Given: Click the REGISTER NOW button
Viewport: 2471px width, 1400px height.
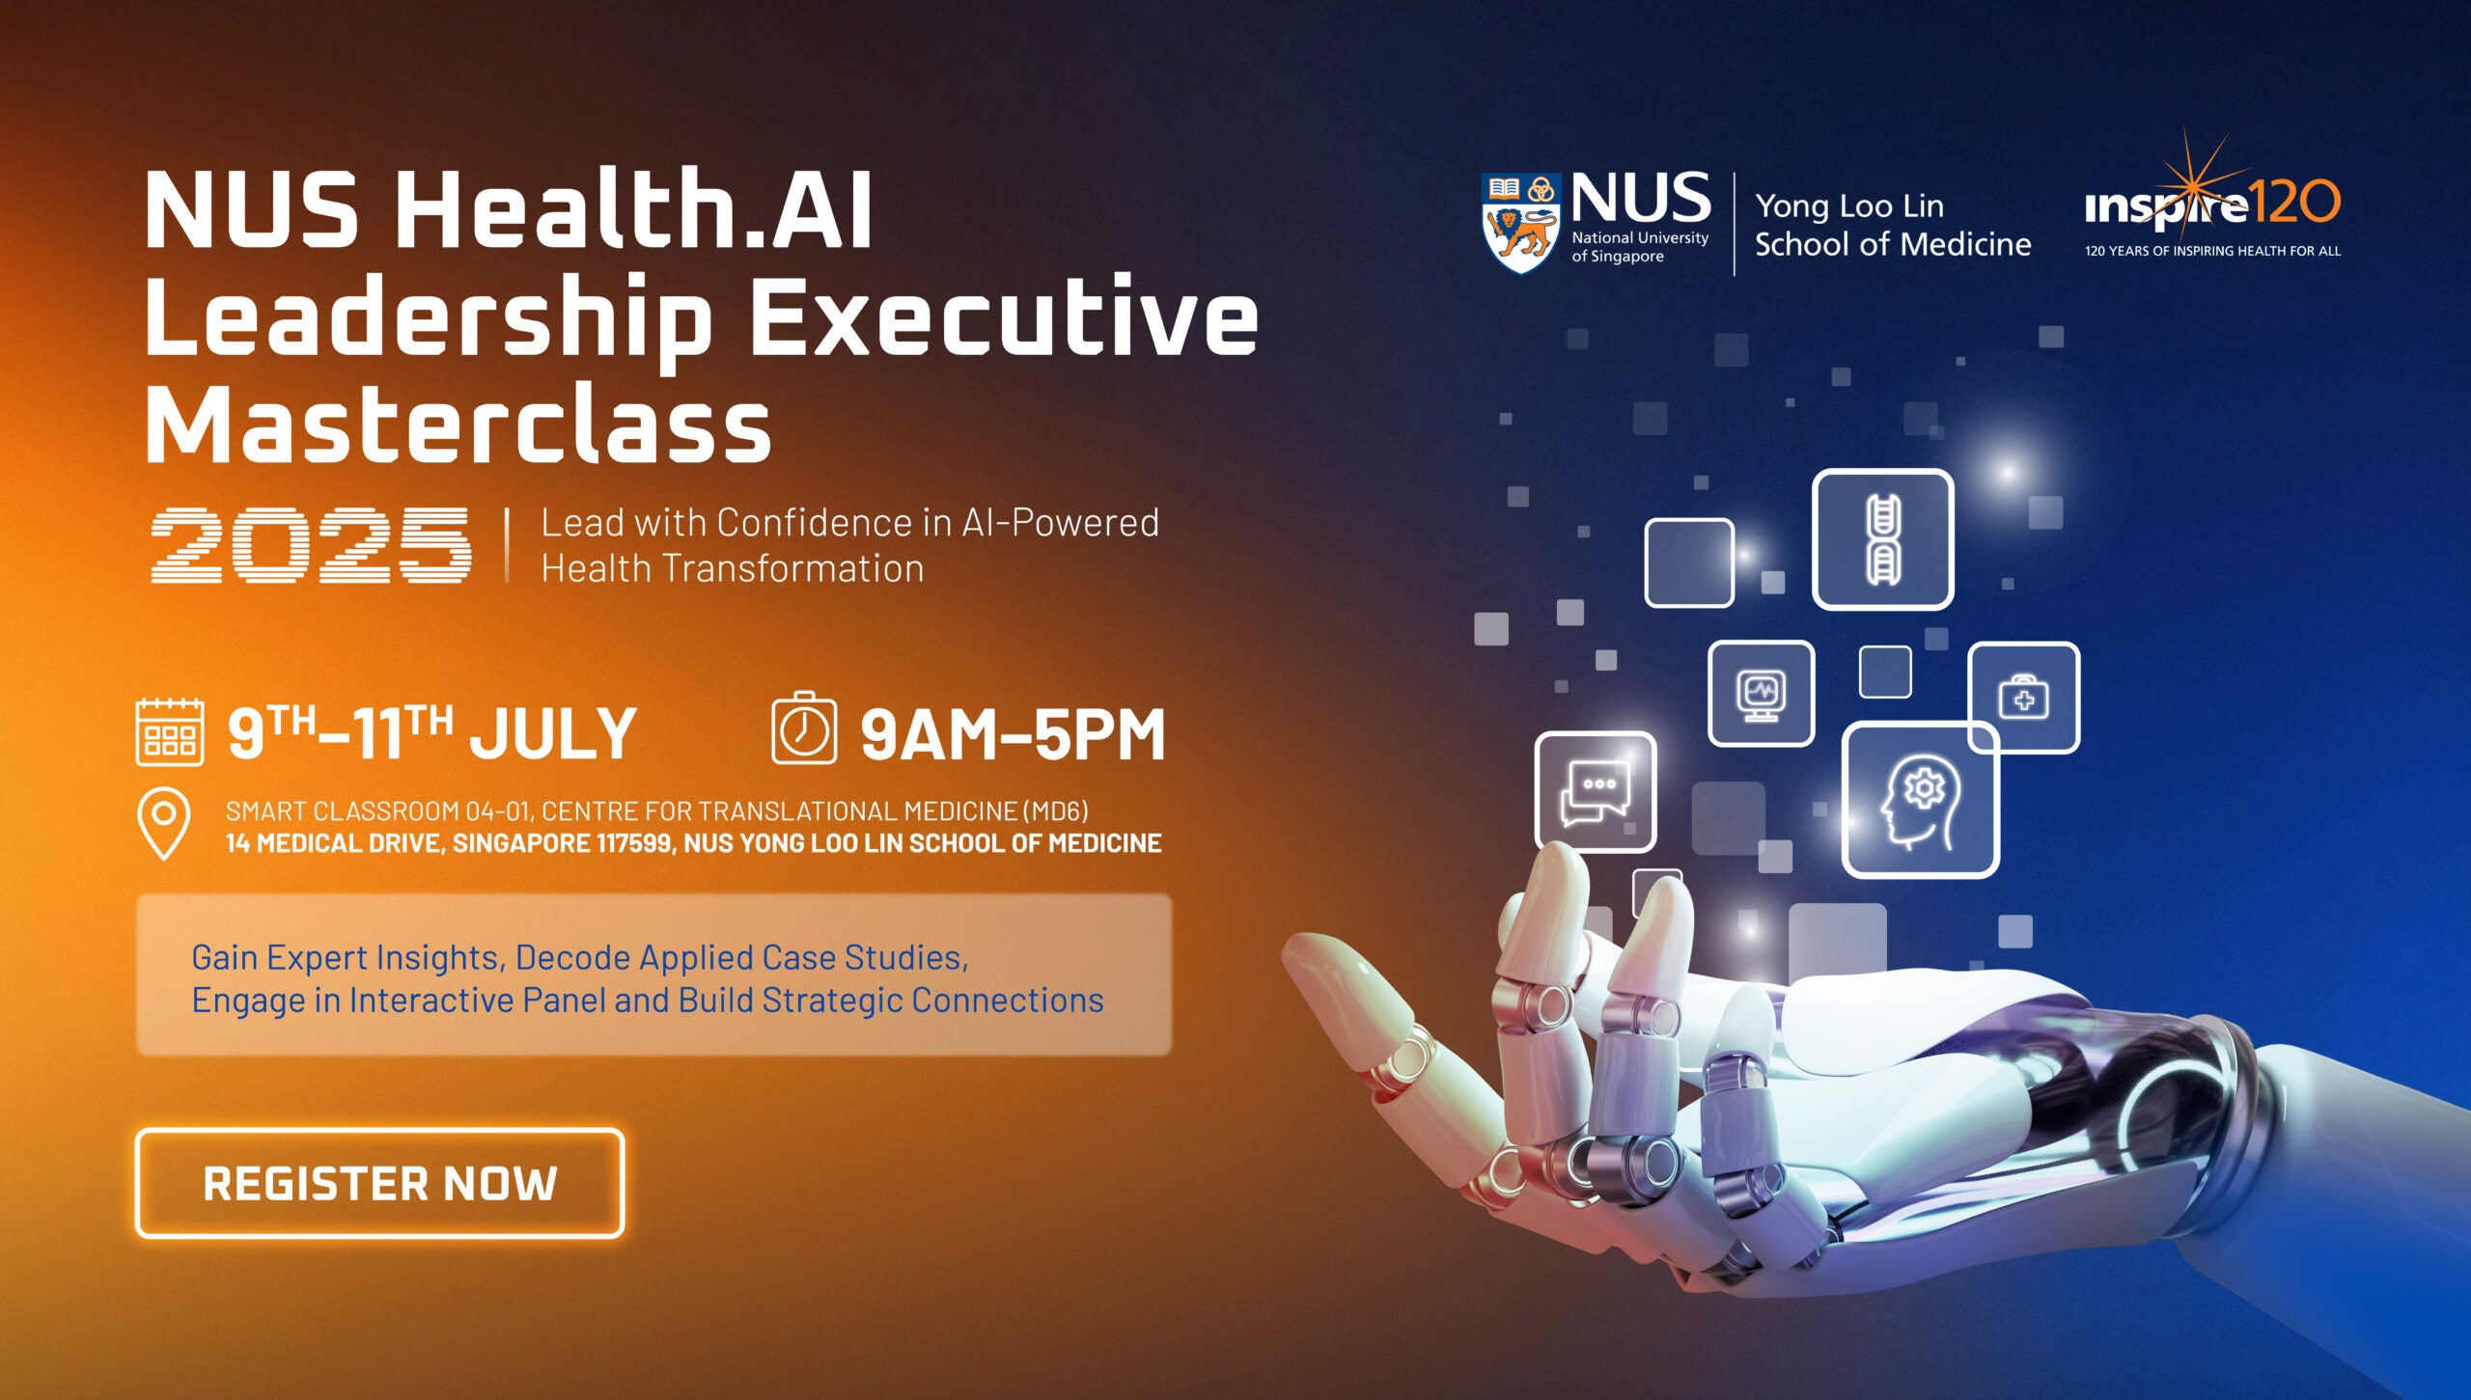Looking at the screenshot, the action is click(379, 1183).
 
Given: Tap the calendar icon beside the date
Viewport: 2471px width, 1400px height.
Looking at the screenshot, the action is click(170, 732).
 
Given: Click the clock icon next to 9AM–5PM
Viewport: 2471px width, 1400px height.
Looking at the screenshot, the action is click(804, 728).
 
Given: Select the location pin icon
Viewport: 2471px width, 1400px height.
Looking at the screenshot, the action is click(164, 823).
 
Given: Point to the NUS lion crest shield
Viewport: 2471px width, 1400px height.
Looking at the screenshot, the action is click(1521, 223).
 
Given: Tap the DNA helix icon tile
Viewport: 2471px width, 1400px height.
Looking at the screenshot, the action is click(1883, 539).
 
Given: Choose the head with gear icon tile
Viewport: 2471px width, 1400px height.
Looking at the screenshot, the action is click(1921, 800).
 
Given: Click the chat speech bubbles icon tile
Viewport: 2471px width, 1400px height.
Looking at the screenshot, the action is click(1596, 792).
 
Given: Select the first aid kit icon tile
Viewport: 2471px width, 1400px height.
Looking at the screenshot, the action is click(2024, 697).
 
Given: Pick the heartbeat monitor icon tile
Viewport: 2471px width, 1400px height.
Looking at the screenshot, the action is click(1762, 693).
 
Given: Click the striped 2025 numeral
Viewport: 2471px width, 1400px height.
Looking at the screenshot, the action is click(311, 545).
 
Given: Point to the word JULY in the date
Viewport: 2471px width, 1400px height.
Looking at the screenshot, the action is click(552, 734).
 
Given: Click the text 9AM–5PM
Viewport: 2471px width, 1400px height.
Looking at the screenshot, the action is click(1013, 735).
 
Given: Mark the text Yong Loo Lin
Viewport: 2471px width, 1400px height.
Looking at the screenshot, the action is click(1849, 206).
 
